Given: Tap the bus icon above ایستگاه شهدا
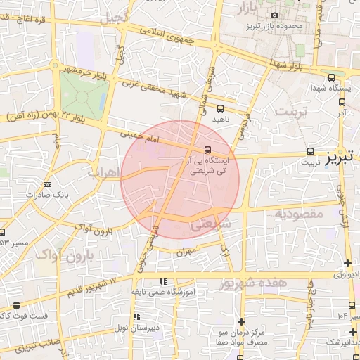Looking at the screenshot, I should click(331, 77).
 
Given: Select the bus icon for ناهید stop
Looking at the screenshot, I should click(221, 108).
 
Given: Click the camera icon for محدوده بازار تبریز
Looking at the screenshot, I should click(274, 15).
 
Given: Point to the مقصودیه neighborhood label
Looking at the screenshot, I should click(298, 212).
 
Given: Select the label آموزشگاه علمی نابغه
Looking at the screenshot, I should click(165, 291).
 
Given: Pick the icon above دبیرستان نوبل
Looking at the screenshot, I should click(136, 316).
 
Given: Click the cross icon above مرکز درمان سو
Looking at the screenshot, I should click(241, 321).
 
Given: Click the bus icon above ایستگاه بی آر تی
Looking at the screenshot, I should click(207, 150).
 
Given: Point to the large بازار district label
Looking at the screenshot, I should click(254, 8).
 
